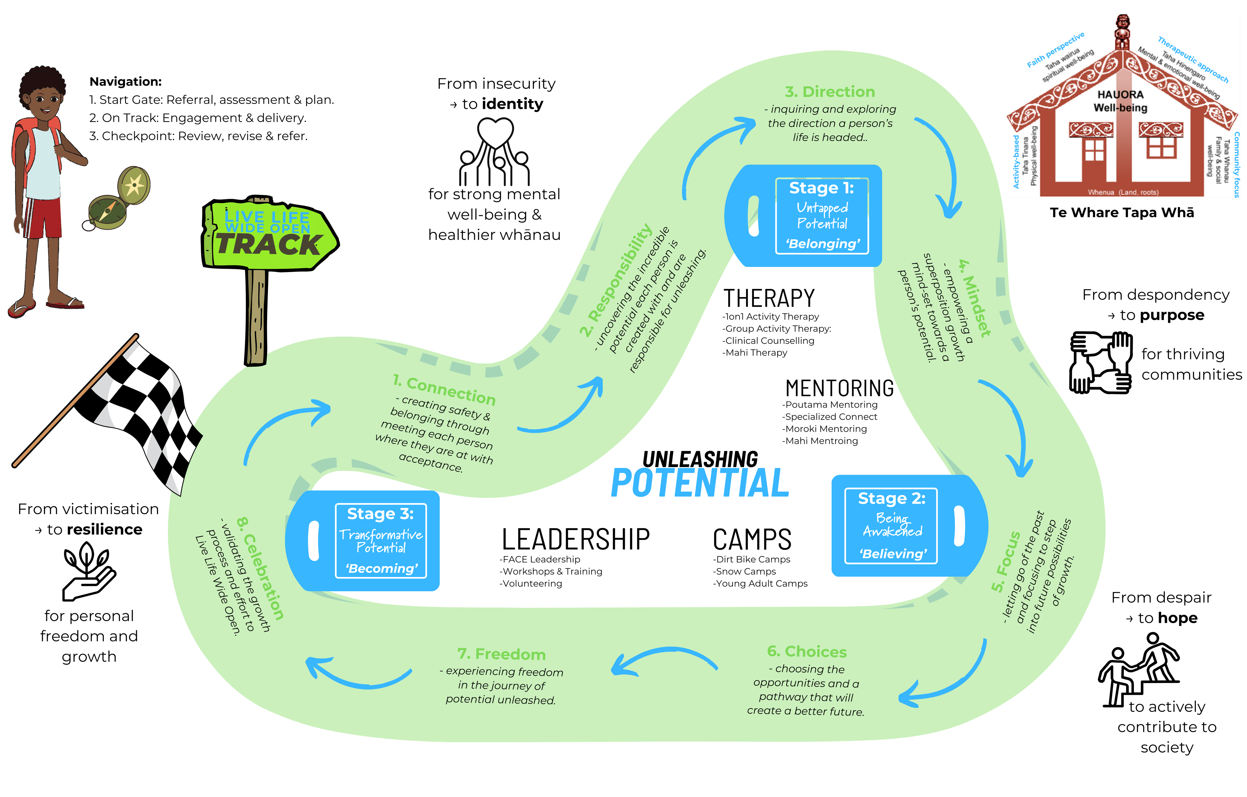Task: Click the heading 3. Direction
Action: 830,92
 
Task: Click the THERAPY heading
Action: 769,299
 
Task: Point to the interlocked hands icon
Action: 1100,362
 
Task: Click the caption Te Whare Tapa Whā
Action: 1122,213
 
